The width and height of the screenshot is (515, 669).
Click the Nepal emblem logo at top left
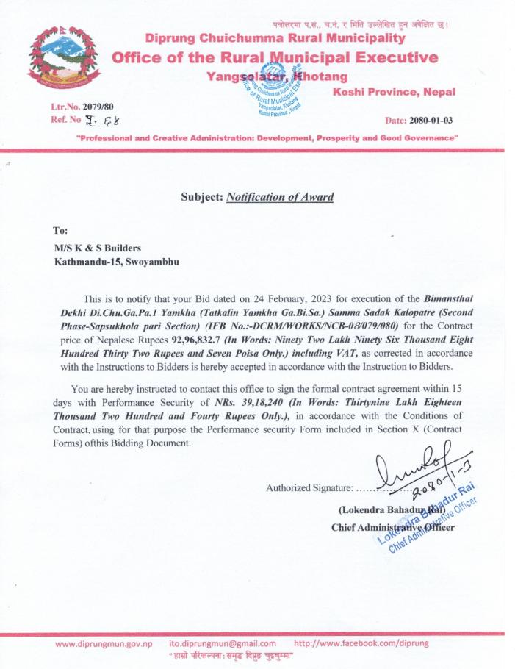(62, 62)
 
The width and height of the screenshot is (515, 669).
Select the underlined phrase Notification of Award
(280, 196)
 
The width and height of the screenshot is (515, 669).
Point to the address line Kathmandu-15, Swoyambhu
(115, 260)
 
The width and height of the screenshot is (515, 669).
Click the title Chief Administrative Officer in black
(393, 527)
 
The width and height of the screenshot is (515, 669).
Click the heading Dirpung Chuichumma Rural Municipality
(274, 37)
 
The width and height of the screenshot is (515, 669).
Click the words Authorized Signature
(309, 487)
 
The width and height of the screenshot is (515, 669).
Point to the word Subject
(201, 196)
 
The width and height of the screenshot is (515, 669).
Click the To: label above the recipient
(61, 229)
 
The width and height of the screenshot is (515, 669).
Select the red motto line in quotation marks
(267, 137)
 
